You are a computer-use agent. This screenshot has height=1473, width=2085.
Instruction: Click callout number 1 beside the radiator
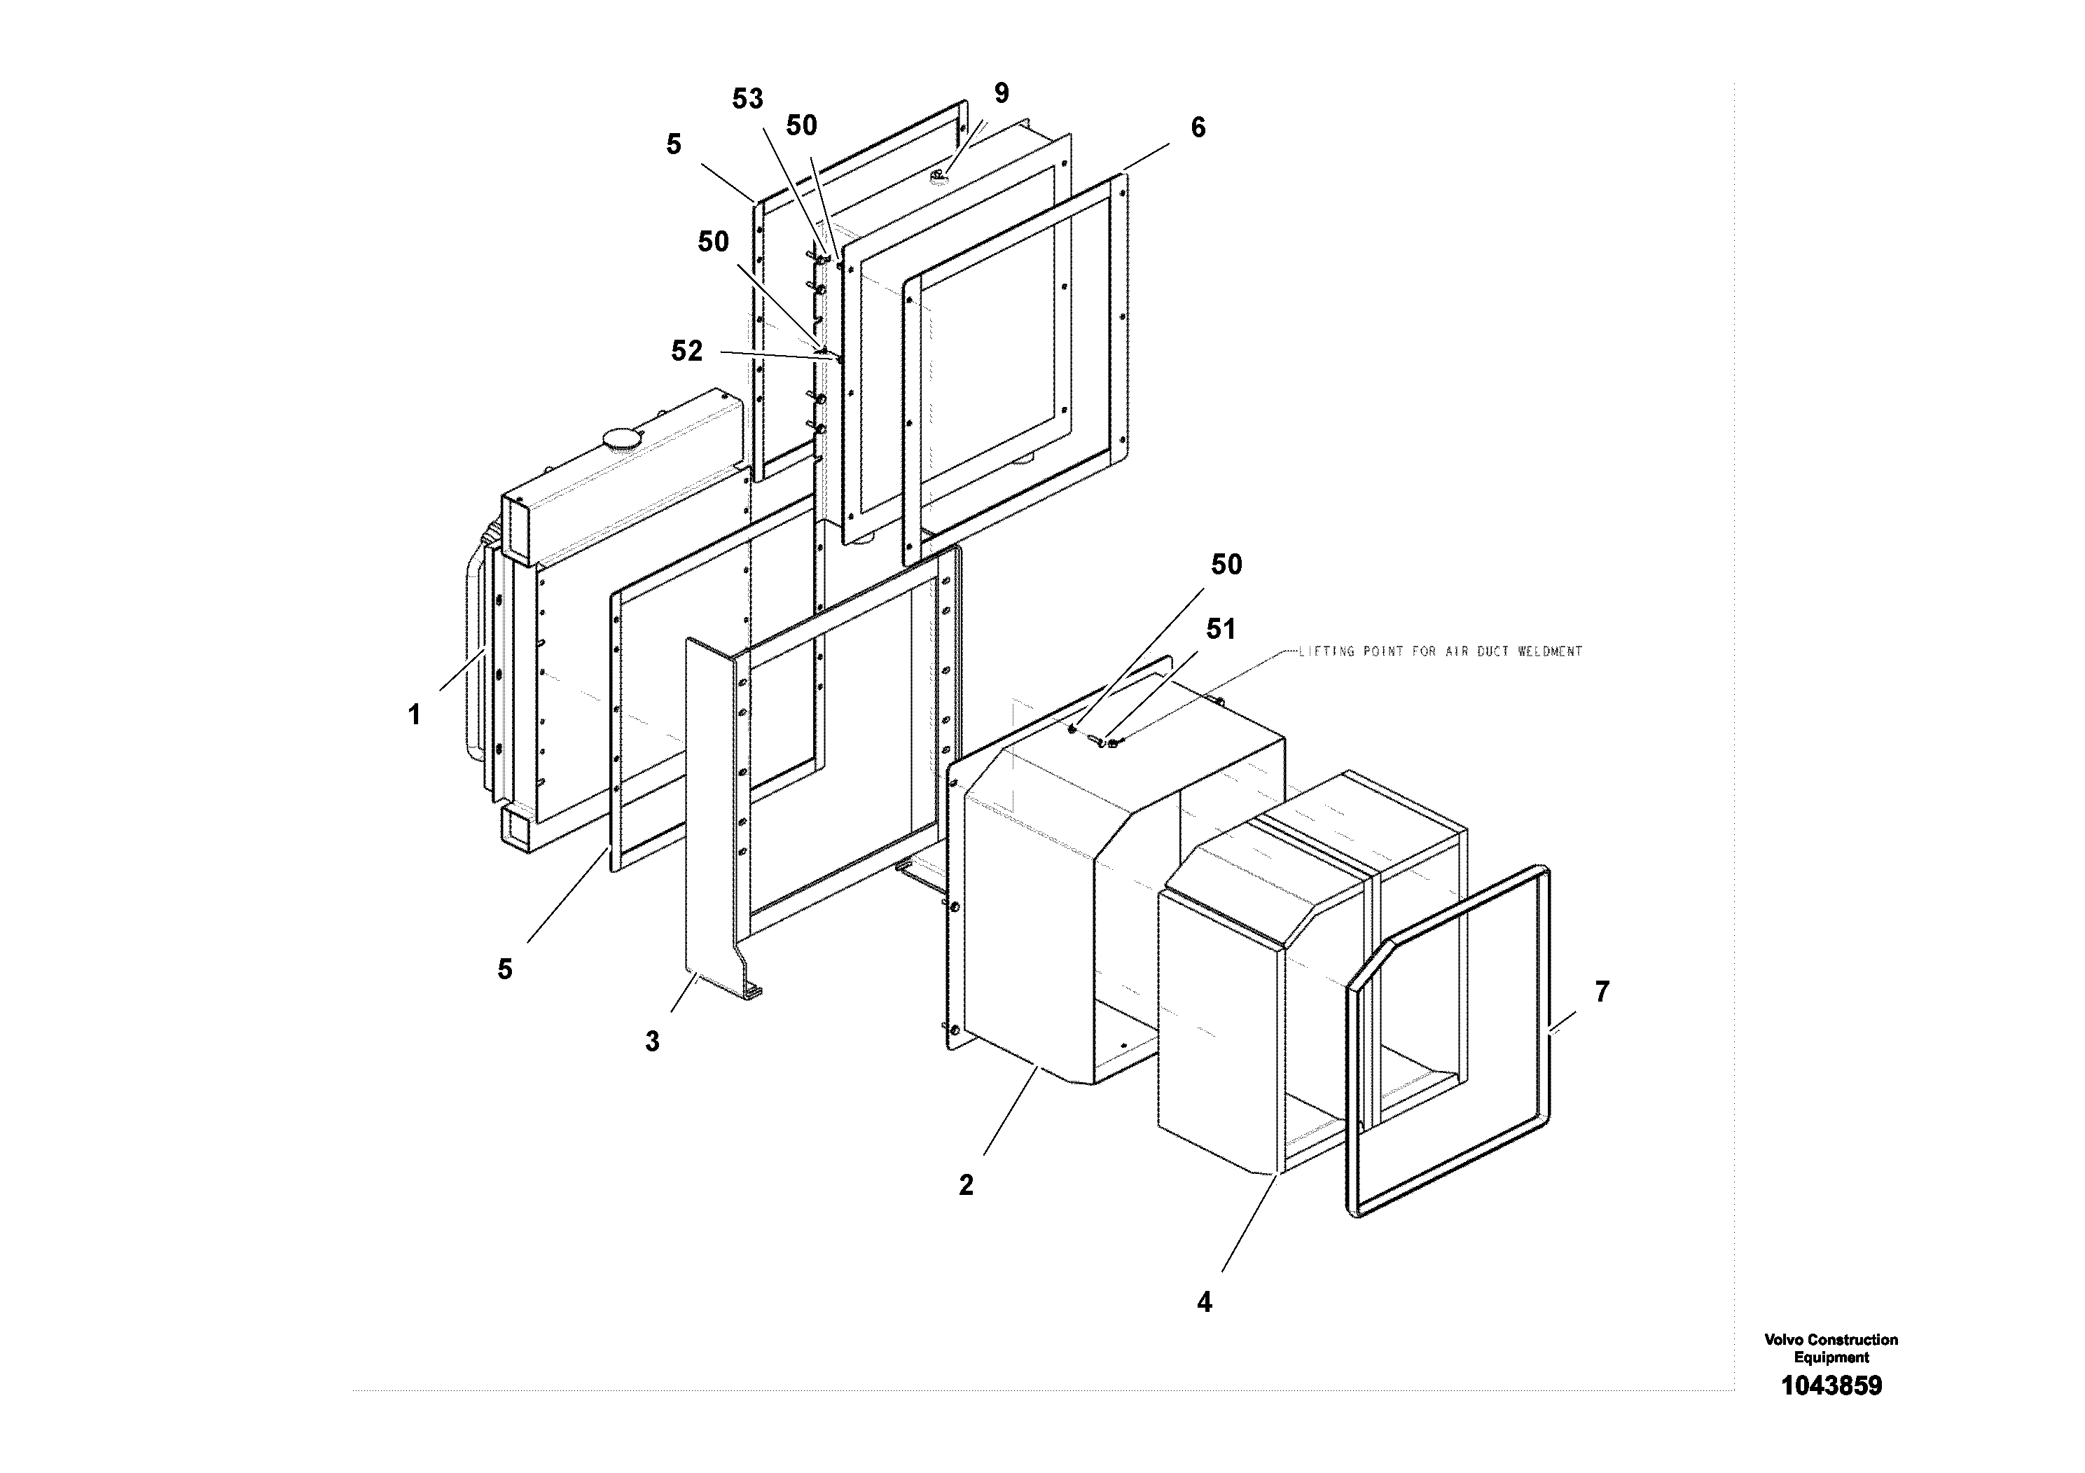(x=414, y=716)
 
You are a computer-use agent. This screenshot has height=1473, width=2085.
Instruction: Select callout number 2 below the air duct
(x=967, y=1185)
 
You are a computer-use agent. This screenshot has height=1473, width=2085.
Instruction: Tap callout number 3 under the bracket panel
(x=652, y=1042)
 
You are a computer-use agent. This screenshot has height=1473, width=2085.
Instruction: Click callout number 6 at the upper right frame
(x=1198, y=128)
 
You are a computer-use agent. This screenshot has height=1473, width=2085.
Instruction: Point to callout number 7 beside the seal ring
(x=1602, y=992)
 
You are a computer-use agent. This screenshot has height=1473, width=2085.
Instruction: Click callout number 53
(x=747, y=99)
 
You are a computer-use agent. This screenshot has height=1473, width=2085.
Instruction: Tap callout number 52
(x=686, y=352)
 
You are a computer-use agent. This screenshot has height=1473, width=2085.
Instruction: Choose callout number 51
(x=1221, y=630)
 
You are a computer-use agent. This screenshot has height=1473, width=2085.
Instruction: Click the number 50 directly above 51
(x=1226, y=565)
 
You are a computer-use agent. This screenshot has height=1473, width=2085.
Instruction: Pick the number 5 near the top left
(x=673, y=144)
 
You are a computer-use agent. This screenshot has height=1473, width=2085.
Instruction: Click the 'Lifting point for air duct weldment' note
(x=1439, y=651)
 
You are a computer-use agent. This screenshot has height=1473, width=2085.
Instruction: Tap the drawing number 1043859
(x=1831, y=1386)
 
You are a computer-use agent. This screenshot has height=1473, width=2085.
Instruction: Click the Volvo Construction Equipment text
(x=1831, y=1348)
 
